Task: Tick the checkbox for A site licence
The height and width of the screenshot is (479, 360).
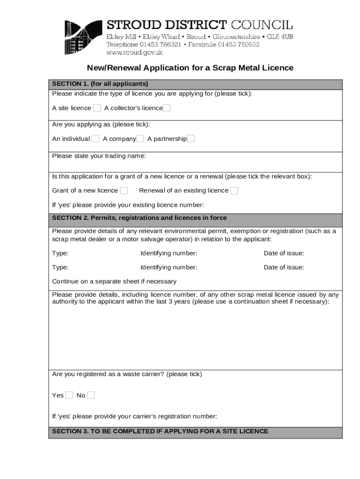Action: coord(97,108)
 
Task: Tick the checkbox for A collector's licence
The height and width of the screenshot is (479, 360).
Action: coord(166,108)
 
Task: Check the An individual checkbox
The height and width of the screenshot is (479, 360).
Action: coord(95,138)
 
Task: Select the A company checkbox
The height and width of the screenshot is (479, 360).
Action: coord(140,138)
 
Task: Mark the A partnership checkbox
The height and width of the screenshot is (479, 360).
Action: coord(191,138)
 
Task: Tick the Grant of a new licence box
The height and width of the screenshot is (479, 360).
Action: coord(124,190)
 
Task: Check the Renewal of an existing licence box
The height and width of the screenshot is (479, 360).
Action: coord(234,190)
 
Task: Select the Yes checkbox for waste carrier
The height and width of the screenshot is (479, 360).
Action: coord(69,395)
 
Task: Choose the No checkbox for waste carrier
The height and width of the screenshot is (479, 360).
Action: coord(91,395)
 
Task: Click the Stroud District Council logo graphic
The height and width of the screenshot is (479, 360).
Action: coord(83,37)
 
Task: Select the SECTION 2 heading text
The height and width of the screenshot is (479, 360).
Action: coord(139,218)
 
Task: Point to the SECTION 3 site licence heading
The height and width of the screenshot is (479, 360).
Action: coord(160,431)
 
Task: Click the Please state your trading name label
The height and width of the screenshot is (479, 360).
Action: coord(99,156)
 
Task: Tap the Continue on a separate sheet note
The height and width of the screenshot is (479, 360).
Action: coord(114,281)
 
